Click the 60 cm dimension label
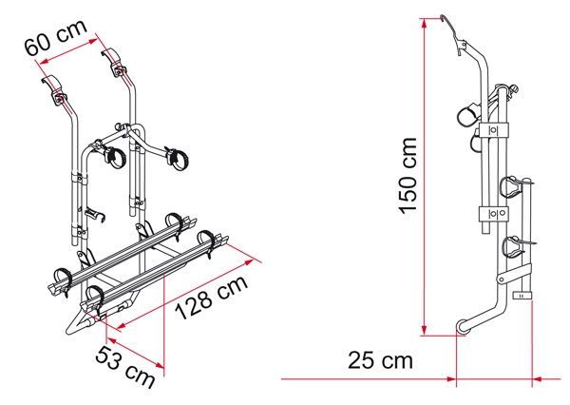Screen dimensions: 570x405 click(56, 37)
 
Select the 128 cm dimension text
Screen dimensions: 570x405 click(211, 298)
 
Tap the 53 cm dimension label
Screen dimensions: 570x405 click(125, 366)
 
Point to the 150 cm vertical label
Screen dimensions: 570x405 click(408, 175)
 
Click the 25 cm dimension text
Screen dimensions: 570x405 click(380, 360)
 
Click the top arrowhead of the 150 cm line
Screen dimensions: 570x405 click(424, 23)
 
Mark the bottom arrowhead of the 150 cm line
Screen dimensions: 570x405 click(424, 331)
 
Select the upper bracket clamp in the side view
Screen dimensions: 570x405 click(493, 130)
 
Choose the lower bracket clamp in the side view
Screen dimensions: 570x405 click(493, 214)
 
